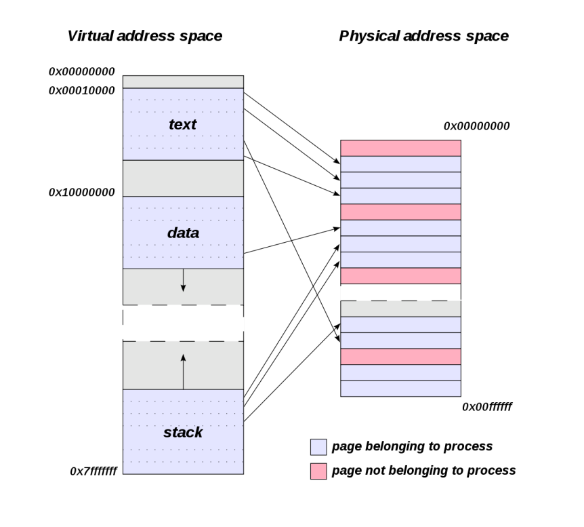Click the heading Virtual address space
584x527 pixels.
tap(144, 36)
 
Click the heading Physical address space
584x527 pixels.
tap(423, 36)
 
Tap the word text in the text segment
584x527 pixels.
tap(183, 124)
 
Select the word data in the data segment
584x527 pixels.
tap(183, 232)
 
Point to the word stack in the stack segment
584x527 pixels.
tap(183, 431)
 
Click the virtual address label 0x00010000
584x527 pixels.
tap(81, 90)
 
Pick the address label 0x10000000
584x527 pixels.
tap(81, 192)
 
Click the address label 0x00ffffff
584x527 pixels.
tap(486, 407)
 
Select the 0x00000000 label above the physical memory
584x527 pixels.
tap(476, 125)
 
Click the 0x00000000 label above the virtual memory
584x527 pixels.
tap(81, 71)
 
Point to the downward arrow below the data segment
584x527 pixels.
tap(183, 280)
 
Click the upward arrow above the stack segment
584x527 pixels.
tap(183, 370)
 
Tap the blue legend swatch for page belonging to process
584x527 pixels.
tap(318, 446)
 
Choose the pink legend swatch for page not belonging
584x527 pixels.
tap(318, 469)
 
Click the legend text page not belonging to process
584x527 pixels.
tap(423, 469)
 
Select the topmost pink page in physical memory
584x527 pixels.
tap(400, 148)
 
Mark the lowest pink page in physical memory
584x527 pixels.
tap(400, 356)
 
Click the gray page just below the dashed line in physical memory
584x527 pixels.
tap(400, 309)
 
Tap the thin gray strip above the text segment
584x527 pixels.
tap(183, 81)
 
